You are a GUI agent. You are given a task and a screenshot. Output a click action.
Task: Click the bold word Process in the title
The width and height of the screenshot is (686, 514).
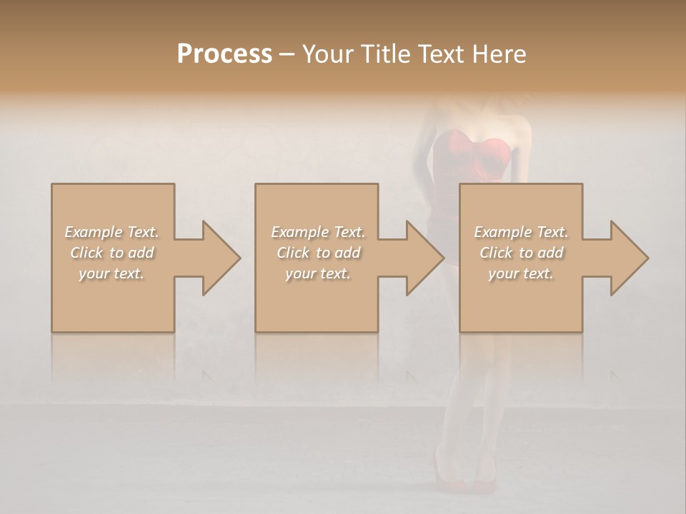click(x=224, y=54)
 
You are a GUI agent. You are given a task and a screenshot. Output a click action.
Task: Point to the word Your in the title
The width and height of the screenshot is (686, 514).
click(x=325, y=54)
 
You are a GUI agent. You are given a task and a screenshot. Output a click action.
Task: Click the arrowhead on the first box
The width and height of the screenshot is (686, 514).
click(x=218, y=258)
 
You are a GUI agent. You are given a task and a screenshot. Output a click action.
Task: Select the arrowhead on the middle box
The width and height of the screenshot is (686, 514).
click(x=422, y=258)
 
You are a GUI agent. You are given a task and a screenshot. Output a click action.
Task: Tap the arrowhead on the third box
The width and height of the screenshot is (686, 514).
click(x=626, y=258)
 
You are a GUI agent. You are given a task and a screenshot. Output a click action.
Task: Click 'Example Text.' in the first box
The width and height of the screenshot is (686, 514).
click(x=112, y=232)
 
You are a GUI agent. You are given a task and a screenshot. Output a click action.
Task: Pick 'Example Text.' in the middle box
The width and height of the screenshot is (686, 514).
click(x=318, y=232)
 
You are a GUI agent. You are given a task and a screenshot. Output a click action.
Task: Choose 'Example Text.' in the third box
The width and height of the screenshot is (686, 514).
click(x=521, y=232)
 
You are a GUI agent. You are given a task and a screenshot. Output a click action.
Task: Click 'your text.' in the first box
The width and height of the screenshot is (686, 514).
click(x=112, y=273)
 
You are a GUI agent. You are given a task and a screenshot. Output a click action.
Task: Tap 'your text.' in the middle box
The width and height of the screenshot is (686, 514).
click(x=318, y=273)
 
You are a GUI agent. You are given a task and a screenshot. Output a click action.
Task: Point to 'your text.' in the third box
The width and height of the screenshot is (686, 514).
click(x=521, y=273)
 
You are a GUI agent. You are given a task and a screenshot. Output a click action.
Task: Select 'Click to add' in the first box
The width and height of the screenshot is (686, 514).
click(x=112, y=253)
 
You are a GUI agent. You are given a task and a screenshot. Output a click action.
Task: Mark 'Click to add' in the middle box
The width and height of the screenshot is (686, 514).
click(x=318, y=253)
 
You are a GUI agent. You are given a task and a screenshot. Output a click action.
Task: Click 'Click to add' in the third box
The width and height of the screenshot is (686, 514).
click(x=521, y=253)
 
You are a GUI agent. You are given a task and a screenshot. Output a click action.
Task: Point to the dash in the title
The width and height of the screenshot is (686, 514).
click(x=287, y=54)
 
